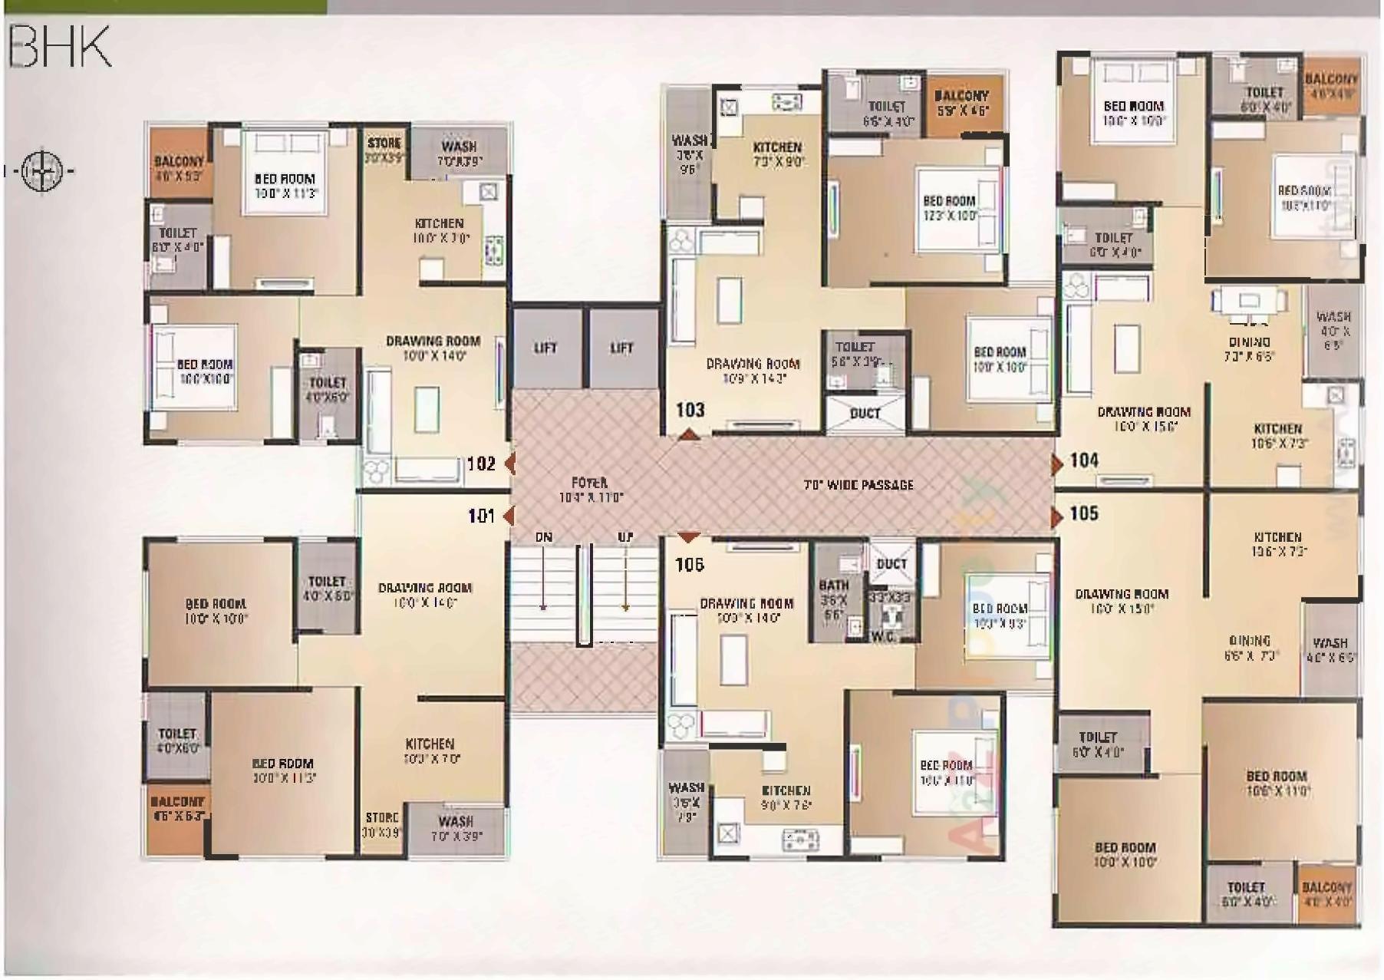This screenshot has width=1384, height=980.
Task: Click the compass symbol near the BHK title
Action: coord(42,170)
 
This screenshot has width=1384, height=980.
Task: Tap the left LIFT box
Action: coord(545,348)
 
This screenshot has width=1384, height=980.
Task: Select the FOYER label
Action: coord(589,483)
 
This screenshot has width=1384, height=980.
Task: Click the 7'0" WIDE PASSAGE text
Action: coord(858,485)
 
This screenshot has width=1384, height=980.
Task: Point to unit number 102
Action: coord(481,464)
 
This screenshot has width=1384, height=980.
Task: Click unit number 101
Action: coord(481,516)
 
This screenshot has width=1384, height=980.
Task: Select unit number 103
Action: coord(690,410)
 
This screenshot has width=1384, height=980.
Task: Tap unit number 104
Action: coord(1084,460)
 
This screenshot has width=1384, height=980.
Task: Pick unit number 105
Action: coord(1084,513)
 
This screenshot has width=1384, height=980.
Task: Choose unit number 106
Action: coord(689,565)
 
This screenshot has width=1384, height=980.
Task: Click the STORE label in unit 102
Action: coord(384,143)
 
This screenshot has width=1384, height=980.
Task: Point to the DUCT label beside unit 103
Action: coord(865,414)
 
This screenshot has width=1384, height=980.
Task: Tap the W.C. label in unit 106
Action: coord(882,636)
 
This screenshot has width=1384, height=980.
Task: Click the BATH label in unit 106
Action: coord(833,585)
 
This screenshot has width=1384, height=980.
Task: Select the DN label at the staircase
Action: coord(543,537)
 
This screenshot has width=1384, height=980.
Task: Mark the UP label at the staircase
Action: coord(625,537)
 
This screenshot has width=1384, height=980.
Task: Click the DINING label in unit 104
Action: coord(1249,342)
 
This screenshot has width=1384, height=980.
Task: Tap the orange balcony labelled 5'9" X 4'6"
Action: coord(962,103)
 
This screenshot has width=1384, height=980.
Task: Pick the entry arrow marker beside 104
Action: coord(1057,464)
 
